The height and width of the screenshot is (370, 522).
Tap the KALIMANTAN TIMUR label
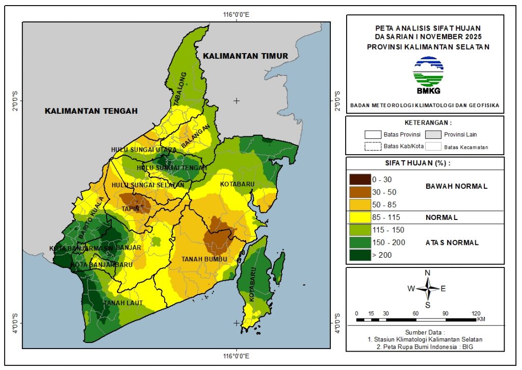coord(245,56)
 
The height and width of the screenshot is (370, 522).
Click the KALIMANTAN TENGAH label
coord(91,111)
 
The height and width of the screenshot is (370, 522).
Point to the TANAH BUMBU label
coord(204,260)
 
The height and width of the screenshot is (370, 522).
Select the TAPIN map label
coord(128,208)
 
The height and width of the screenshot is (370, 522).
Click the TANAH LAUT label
coord(122,303)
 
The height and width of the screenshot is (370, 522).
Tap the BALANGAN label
coord(196,137)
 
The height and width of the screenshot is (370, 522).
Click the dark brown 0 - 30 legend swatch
coord(359,180)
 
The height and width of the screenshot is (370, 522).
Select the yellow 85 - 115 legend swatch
coord(359,217)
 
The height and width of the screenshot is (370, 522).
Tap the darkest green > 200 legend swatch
coord(359,255)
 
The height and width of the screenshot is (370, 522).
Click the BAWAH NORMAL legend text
coord(456,186)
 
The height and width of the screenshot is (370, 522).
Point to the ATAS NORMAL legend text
coord(452,243)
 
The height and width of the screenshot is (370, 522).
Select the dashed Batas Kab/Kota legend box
coord(374,147)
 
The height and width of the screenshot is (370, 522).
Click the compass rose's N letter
coord(428,272)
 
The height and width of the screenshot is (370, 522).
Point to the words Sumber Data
coord(425,332)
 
